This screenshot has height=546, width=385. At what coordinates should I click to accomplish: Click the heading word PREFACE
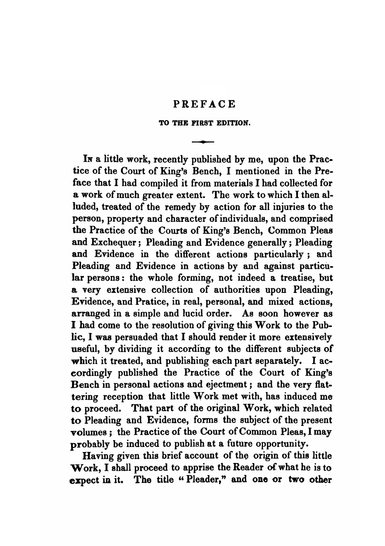[204, 104]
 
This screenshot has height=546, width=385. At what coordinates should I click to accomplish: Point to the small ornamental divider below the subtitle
[204, 143]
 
